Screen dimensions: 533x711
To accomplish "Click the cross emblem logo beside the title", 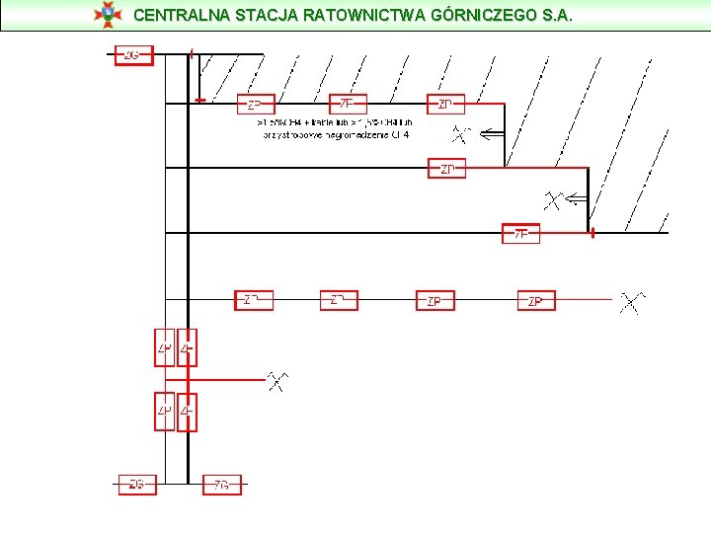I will [106, 14].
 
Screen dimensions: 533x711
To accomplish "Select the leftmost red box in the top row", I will [255, 104].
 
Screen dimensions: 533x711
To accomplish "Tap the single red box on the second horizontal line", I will [446, 169].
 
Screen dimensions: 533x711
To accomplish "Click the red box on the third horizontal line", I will [522, 234].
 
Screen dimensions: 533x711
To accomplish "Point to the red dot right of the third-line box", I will [592, 235].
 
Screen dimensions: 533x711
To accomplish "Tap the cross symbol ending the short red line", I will [279, 380].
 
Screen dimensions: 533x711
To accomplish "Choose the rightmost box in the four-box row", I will [536, 300].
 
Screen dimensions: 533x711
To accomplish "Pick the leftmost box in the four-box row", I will [253, 300].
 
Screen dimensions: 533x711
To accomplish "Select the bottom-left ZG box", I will [136, 485].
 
